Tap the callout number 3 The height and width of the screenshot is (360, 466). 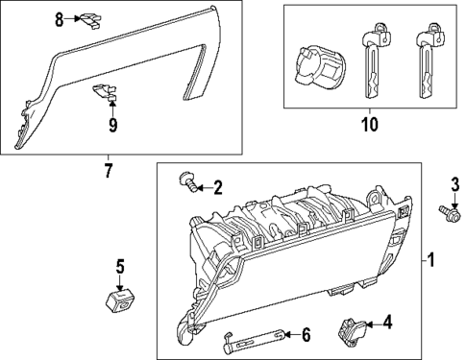(454, 184)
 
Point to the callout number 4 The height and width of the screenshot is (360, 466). (386, 324)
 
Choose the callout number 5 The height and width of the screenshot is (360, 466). (120, 266)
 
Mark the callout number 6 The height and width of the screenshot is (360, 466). (306, 335)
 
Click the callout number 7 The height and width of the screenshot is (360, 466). (108, 172)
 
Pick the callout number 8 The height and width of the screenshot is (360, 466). (60, 18)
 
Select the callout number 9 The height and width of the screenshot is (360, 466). (112, 124)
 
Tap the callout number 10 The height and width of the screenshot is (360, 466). (369, 124)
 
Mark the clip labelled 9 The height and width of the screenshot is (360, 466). (108, 92)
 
